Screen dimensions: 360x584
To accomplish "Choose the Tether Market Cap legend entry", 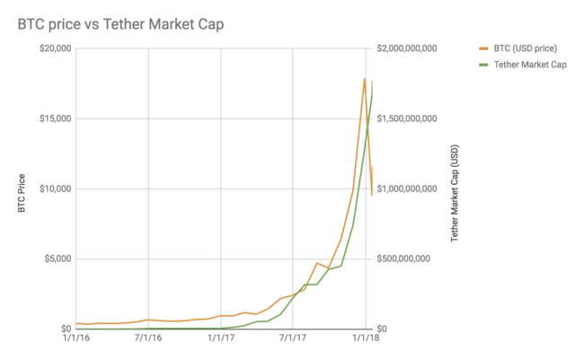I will click(x=528, y=64).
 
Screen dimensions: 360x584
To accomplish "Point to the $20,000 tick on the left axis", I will click(x=53, y=48).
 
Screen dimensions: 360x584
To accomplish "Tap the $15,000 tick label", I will click(x=53, y=119).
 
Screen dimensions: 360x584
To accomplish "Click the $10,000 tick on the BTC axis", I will click(x=53, y=189).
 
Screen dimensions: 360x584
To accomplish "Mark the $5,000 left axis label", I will click(x=56, y=259).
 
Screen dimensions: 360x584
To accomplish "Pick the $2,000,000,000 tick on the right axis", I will click(x=407, y=48).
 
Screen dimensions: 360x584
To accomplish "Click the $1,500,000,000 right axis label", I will click(x=407, y=119).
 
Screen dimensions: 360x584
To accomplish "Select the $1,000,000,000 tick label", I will click(x=407, y=189).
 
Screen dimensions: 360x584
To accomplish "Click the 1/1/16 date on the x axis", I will click(x=75, y=338).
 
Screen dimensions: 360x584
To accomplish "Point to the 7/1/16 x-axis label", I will click(x=148, y=338).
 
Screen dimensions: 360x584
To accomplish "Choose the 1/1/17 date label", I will click(x=221, y=338).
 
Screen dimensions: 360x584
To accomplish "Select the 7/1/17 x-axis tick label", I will click(x=294, y=338).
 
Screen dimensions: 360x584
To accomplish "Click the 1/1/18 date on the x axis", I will click(x=364, y=338).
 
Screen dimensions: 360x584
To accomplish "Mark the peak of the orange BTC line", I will click(x=364, y=79).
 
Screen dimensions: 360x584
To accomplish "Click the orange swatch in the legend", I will click(x=482, y=48).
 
